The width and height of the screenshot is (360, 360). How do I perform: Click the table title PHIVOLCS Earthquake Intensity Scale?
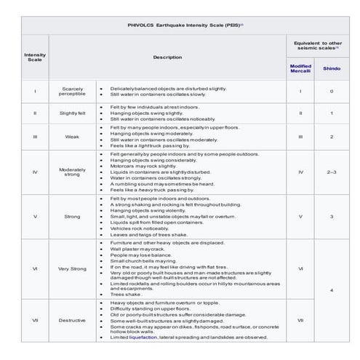click(x=178, y=25)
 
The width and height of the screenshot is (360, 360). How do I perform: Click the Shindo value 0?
click(x=332, y=91)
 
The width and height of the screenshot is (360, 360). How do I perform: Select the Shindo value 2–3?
click(x=332, y=172)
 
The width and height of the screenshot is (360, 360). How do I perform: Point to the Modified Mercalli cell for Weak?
click(x=300, y=137)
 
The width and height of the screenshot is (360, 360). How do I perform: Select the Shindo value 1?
click(x=332, y=113)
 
